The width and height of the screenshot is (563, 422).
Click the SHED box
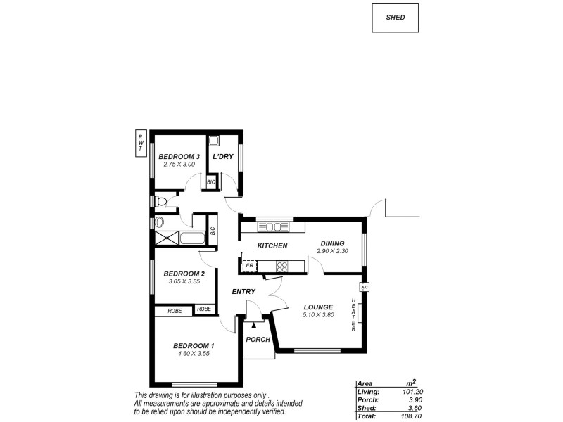395,18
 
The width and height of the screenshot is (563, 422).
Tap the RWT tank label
141,143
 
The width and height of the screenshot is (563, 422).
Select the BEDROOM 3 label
179,156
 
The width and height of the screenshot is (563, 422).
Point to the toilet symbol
162,203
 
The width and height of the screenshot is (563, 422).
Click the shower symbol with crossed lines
167,238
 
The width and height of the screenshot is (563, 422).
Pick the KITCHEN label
272,245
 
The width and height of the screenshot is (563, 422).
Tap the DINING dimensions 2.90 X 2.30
333,251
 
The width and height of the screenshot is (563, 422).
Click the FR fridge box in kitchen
248,267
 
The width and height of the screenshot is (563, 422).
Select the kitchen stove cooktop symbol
282,267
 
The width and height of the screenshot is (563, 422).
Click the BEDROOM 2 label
184,274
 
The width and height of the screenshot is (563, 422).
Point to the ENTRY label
243,291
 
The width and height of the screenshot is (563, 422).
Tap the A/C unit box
365,287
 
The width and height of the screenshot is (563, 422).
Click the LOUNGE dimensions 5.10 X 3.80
318,315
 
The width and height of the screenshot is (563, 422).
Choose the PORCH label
258,340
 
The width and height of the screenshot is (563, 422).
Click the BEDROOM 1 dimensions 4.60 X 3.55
194,354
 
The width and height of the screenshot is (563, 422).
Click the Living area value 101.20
412,392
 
